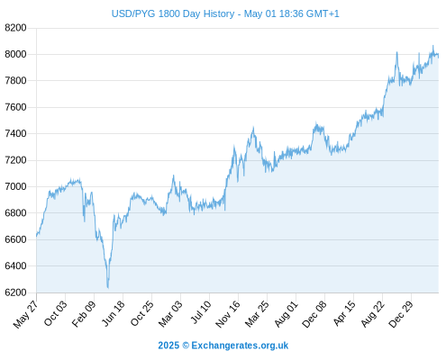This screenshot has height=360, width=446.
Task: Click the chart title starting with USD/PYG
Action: pyautogui.click(x=225, y=13)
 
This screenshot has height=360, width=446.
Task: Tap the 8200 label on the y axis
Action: pyautogui.click(x=15, y=28)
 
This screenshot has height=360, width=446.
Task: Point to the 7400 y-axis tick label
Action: pyautogui.click(x=15, y=133)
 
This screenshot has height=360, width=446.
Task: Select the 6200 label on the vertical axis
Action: pyautogui.click(x=15, y=292)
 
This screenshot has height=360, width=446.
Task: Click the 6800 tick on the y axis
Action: pyautogui.click(x=15, y=213)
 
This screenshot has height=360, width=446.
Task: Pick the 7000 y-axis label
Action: pyautogui.click(x=15, y=186)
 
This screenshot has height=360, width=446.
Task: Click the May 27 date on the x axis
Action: pyautogui.click(x=25, y=314)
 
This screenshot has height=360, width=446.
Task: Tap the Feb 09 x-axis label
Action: pyautogui.click(x=84, y=313)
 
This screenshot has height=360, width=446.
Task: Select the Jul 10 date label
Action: pyautogui.click(x=201, y=312)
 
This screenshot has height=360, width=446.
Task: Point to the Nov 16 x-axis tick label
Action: pyautogui.click(x=228, y=314)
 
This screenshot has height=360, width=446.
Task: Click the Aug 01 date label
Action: pyautogui.click(x=287, y=314)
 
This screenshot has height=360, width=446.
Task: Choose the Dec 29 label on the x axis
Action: pyautogui.click(x=401, y=314)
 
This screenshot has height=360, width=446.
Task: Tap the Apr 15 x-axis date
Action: pyautogui.click(x=344, y=313)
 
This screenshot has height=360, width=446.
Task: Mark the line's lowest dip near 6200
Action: pyautogui.click(x=108, y=288)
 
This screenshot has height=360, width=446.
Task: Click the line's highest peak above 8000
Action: pyautogui.click(x=432, y=46)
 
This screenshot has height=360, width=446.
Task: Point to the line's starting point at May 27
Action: pyautogui.click(x=37, y=236)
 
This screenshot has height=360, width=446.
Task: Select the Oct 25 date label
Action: pyautogui.click(x=142, y=313)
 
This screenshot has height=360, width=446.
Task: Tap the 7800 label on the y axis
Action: pyautogui.click(x=15, y=81)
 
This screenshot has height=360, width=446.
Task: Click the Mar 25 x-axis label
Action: pyautogui.click(x=257, y=314)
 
